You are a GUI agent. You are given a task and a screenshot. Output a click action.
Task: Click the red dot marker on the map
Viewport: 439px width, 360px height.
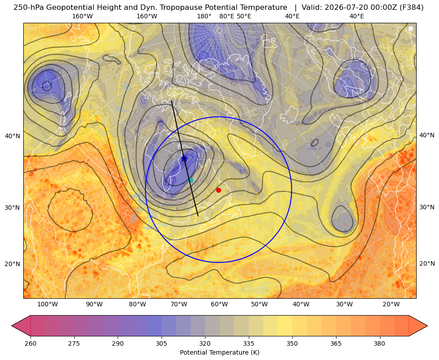point(219,190)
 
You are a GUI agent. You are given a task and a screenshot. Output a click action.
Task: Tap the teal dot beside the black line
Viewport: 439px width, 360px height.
point(191,180)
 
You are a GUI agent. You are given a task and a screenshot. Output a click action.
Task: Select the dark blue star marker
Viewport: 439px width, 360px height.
point(184,159)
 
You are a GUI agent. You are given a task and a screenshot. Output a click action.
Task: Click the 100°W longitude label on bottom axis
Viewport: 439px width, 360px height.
point(47,305)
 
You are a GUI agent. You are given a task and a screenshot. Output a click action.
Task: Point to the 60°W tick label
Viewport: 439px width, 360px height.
point(219,305)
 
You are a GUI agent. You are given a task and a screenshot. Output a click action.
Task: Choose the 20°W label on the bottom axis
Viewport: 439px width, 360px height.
point(391,305)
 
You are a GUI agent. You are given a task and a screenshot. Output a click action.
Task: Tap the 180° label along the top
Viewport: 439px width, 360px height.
point(204,16)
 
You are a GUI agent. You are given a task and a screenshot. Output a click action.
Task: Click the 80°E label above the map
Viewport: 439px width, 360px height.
point(226,16)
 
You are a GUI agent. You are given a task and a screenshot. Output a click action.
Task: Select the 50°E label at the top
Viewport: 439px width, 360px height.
point(244,16)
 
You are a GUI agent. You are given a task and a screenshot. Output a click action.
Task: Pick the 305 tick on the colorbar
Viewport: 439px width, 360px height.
point(162,343)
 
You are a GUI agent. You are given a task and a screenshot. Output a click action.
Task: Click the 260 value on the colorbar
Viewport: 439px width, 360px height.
point(30,343)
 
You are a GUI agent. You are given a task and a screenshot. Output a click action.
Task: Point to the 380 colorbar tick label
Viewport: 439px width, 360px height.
point(379,343)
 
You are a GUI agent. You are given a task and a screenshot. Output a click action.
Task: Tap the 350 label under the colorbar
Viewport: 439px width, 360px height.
point(292,343)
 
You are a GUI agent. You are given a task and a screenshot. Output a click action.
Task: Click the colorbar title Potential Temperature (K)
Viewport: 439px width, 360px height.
point(219,352)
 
